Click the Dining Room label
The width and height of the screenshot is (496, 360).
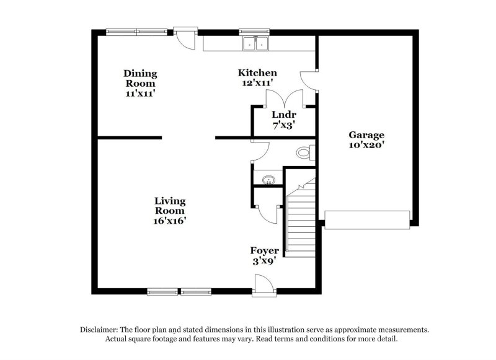[139, 78]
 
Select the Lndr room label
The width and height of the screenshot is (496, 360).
[284, 114]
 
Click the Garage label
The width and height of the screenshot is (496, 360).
[366, 134]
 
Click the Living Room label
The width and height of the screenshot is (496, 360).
[170, 206]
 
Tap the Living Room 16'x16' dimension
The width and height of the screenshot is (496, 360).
[170, 220]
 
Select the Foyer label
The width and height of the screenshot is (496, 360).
[265, 250]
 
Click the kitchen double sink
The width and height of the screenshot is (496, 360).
[256, 43]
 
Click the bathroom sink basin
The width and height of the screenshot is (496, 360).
[268, 180]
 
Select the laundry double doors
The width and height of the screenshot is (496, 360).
[284, 99]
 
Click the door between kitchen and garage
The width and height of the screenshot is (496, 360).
[308, 80]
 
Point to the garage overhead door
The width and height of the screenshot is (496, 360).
[367, 219]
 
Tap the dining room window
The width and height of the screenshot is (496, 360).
[136, 30]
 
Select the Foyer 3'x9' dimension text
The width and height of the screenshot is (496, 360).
[265, 261]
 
